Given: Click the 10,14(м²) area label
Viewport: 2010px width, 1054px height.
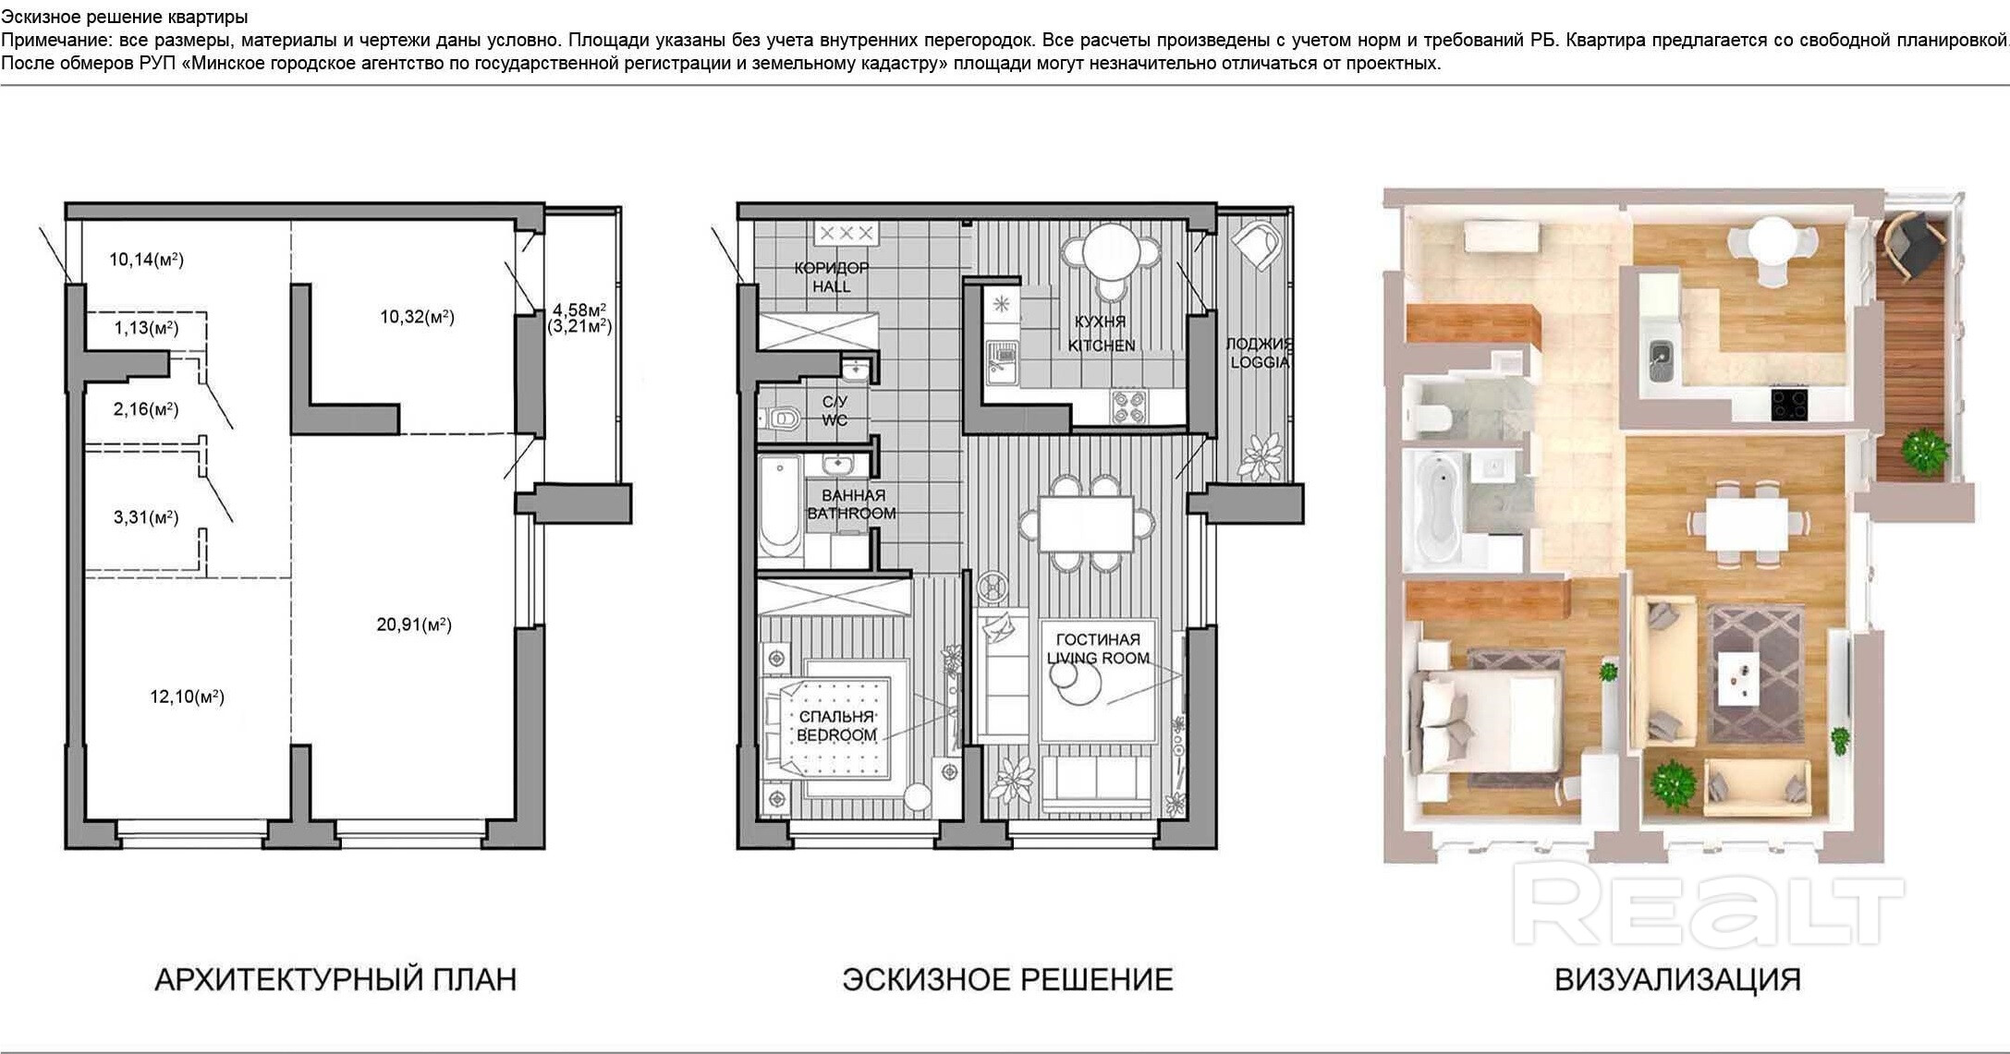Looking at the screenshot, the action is click(x=146, y=260).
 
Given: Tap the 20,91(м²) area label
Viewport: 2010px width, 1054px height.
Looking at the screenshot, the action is click(x=414, y=624).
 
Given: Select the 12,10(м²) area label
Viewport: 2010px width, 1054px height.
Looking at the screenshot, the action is click(x=188, y=697).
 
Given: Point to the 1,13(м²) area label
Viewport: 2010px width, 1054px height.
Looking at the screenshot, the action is click(x=146, y=328).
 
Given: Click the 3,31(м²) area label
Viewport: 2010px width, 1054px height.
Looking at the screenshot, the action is click(x=146, y=517).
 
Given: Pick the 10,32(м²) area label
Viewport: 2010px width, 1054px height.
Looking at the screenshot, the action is click(x=417, y=317).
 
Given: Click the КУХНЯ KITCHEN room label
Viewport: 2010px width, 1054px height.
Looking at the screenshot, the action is click(x=1102, y=333).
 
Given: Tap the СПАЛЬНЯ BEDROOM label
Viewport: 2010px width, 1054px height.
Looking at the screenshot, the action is click(x=836, y=726).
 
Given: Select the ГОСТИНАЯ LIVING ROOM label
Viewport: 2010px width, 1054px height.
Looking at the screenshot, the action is click(x=1098, y=648).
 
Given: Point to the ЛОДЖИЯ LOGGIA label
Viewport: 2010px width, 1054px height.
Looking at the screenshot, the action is click(x=1259, y=353).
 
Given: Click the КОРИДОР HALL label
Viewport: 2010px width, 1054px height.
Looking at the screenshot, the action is click(x=832, y=277).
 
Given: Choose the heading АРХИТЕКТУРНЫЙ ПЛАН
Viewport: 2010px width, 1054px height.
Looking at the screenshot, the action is click(x=335, y=979).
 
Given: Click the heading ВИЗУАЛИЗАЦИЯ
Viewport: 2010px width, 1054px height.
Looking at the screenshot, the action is click(x=1677, y=979).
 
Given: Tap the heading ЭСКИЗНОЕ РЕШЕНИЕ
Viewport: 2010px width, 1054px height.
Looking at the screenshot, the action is click(x=1007, y=979).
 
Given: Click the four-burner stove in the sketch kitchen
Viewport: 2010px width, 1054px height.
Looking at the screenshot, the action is click(x=1128, y=407).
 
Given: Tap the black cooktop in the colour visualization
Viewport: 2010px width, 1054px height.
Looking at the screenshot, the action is click(x=1789, y=405).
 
